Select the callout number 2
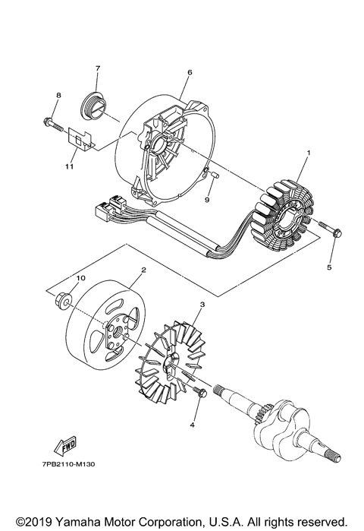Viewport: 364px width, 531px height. point(143,270)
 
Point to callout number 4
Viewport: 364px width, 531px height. point(192,425)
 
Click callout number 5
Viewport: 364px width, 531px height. point(329,267)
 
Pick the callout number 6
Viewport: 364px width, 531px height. point(190,72)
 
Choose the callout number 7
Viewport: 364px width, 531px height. point(97,68)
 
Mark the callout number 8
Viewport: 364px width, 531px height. point(57,95)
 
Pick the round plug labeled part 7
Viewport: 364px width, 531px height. point(95,103)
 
